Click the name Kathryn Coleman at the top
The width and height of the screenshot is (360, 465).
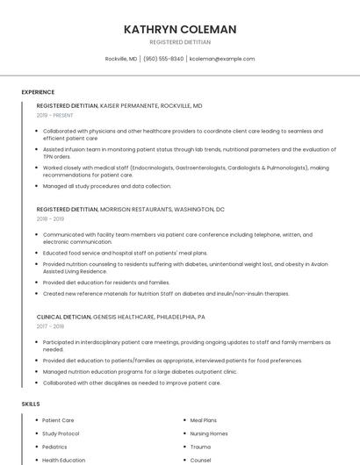180,29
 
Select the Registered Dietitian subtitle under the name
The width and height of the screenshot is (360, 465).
180,42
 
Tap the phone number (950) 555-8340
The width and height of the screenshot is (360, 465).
163,59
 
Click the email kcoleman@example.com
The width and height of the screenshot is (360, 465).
222,59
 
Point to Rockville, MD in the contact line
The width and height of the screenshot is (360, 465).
121,59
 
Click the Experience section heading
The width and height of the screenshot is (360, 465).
38,91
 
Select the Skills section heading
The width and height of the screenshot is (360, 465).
31,404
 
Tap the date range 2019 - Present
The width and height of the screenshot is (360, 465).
55,115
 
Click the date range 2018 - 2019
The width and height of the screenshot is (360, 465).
50,219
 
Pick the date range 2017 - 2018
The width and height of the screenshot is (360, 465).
50,326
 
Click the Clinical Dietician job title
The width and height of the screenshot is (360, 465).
63,317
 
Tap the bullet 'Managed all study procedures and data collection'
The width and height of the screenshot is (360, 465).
107,186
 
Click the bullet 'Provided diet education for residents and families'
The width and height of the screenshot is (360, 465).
106,283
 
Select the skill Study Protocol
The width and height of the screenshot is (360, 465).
61,433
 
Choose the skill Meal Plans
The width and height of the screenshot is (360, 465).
205,420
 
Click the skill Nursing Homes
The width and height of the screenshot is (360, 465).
209,433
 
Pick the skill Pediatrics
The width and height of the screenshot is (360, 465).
54,447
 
